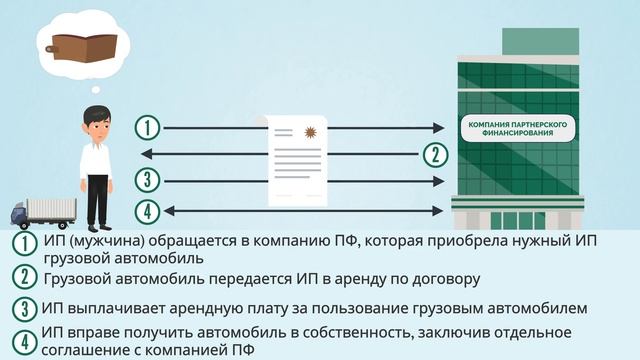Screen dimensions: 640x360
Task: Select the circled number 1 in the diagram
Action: [x=147, y=128]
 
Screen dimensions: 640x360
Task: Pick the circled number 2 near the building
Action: [x=433, y=154]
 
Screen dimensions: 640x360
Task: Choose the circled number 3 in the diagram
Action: [x=147, y=180]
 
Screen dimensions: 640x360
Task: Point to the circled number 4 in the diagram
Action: [x=147, y=210]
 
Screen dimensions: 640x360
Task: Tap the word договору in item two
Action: [x=443, y=278]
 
